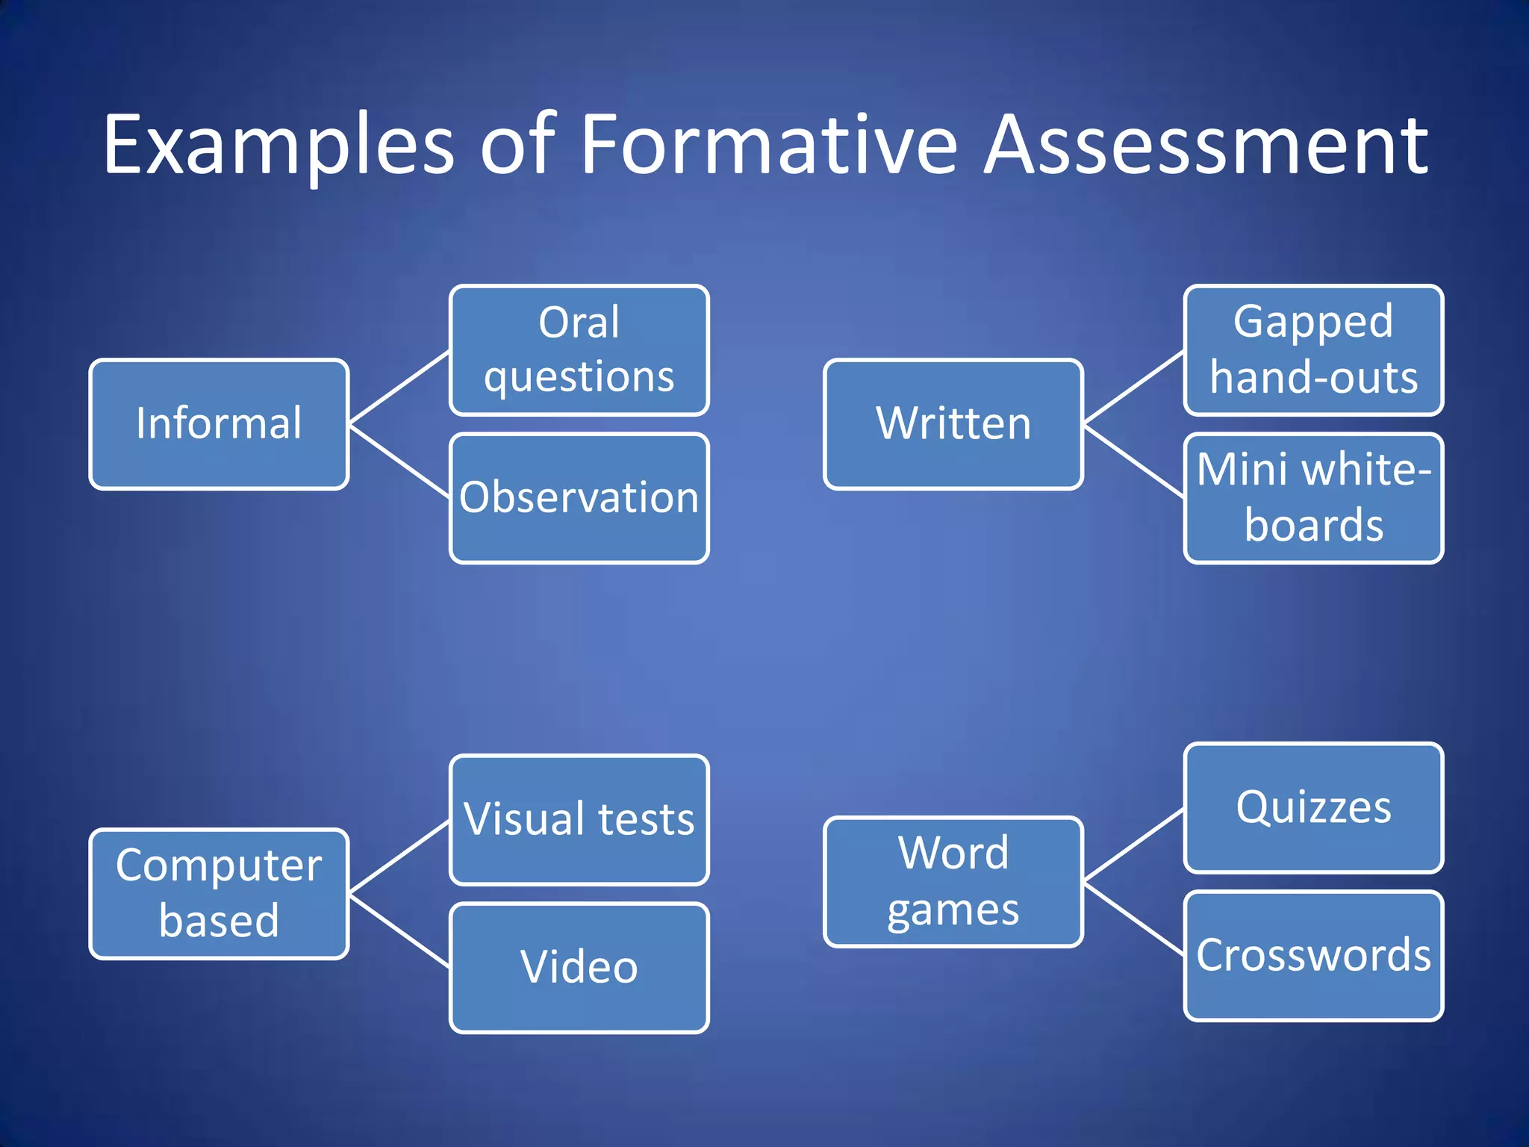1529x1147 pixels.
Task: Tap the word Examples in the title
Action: click(x=278, y=146)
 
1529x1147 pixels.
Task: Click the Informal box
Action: click(x=219, y=424)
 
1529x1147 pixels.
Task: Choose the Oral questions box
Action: click(x=579, y=349)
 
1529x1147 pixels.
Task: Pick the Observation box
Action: click(x=579, y=498)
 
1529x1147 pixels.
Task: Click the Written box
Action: click(x=953, y=424)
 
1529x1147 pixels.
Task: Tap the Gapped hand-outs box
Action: click(x=1313, y=349)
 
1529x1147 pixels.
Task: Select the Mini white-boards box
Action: click(x=1313, y=498)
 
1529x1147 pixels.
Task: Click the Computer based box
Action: click(x=219, y=893)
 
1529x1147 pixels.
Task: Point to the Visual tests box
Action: click(x=579, y=819)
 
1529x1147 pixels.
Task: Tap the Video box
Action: click(x=579, y=968)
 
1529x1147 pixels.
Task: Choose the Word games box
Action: click(x=953, y=882)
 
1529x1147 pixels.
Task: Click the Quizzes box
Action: click(x=1313, y=807)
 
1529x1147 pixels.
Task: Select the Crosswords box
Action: click(x=1313, y=956)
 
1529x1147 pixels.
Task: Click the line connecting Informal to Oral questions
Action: click(x=399, y=388)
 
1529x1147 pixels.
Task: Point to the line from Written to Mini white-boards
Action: click(x=1133, y=461)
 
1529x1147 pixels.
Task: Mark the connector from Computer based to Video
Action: click(x=399, y=931)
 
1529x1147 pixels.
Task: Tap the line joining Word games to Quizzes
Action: click(x=1133, y=845)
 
